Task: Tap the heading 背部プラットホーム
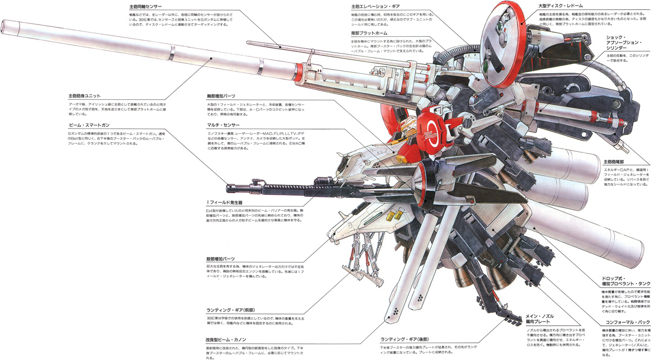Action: pos(369,33)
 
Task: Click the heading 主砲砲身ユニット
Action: pos(85,96)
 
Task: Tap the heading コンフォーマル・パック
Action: pos(624,322)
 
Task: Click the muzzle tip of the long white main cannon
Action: pos(4,26)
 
